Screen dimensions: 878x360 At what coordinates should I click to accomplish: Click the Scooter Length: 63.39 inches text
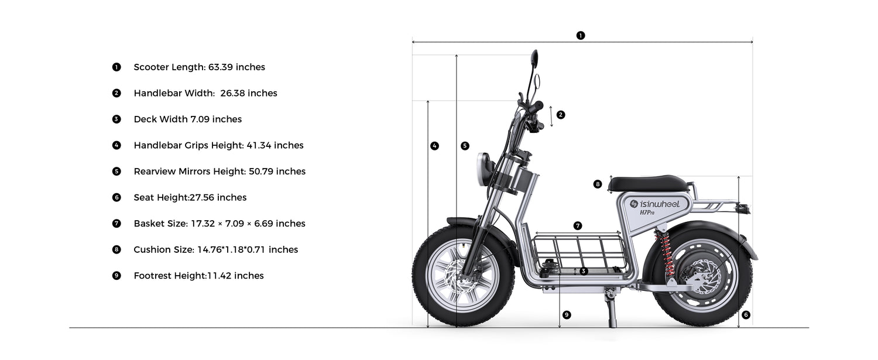coord(199,67)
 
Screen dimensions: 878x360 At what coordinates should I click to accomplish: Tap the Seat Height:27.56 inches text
coord(190,197)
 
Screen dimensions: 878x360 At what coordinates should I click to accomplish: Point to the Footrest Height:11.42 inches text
coord(199,276)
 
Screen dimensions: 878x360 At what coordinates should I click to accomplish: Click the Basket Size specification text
coord(220,224)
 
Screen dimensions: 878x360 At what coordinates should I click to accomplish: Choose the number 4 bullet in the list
coord(116,145)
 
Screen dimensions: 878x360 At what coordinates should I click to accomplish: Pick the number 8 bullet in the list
coord(116,249)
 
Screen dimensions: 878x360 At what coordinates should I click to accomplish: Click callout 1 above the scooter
coord(581,35)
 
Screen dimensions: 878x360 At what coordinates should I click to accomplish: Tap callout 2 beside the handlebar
coord(561,115)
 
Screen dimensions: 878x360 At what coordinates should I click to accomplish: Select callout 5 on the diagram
coord(465,146)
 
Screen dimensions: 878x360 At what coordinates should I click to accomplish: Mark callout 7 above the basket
coord(577,225)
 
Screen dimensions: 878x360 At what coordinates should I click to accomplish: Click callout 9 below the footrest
coord(567,314)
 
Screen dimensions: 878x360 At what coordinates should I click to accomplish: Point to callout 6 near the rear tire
coord(746,314)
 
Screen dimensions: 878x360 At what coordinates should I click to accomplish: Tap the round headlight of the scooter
coord(483,169)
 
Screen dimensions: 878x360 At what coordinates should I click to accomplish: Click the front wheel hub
coord(464,275)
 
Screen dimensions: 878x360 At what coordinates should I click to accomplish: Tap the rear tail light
coord(743,208)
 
